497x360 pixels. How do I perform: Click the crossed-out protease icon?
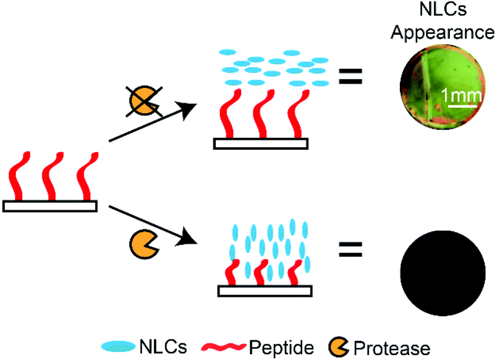142,101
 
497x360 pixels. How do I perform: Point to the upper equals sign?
350,78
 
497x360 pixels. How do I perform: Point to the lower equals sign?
350,249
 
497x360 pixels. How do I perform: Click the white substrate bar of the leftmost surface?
50,206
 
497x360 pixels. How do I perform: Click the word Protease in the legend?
396,343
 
